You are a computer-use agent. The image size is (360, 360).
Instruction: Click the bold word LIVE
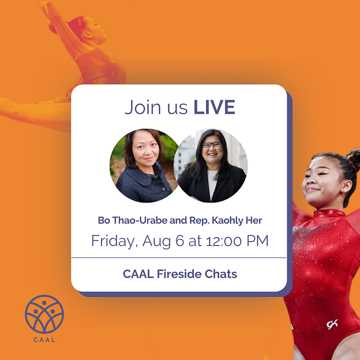point(215,107)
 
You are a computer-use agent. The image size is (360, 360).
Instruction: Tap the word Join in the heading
point(142,107)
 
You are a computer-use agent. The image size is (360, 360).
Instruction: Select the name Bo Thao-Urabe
point(133,220)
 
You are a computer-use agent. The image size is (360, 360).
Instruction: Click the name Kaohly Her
point(237,220)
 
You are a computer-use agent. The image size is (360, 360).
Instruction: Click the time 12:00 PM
point(237,241)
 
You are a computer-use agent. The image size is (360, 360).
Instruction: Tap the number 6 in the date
point(180,241)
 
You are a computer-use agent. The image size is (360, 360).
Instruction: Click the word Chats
point(220,274)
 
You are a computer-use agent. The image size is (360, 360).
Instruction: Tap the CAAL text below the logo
point(44,340)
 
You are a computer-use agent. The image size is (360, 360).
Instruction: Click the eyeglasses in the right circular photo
point(212,144)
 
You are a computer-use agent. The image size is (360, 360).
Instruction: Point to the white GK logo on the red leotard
point(332,324)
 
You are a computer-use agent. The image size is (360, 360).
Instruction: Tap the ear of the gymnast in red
point(347,186)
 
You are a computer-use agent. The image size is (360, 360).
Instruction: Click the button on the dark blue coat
point(164,189)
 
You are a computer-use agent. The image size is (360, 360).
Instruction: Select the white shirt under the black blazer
point(212,184)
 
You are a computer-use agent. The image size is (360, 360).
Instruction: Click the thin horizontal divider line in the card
point(179,258)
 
